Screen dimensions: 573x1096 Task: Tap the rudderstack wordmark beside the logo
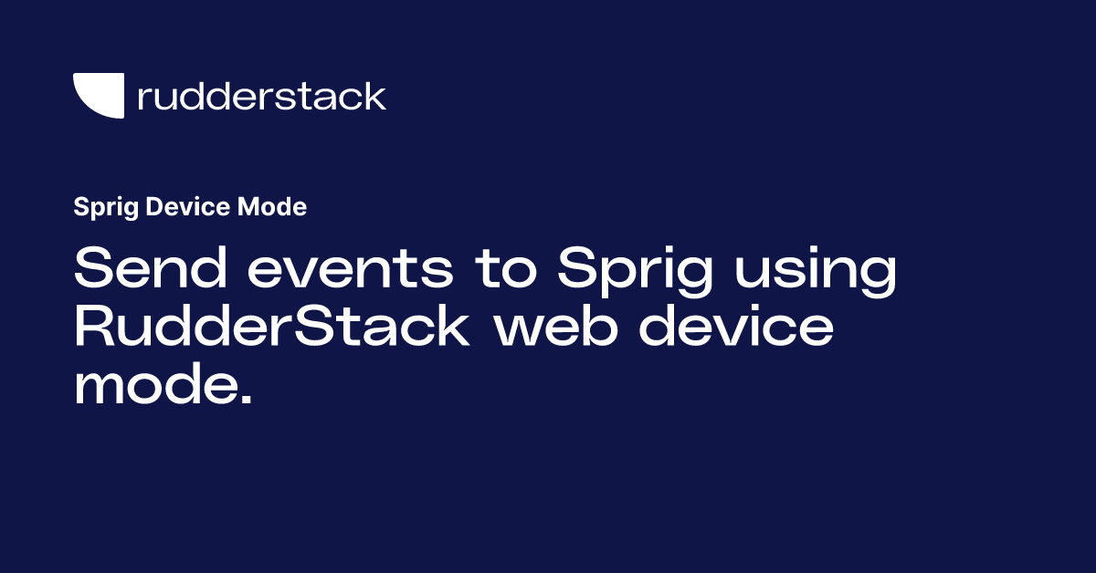(x=261, y=96)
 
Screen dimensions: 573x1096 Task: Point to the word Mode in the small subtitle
(x=272, y=207)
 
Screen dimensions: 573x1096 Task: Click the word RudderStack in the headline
(x=271, y=328)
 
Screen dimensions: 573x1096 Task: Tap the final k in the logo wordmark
(x=375, y=96)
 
